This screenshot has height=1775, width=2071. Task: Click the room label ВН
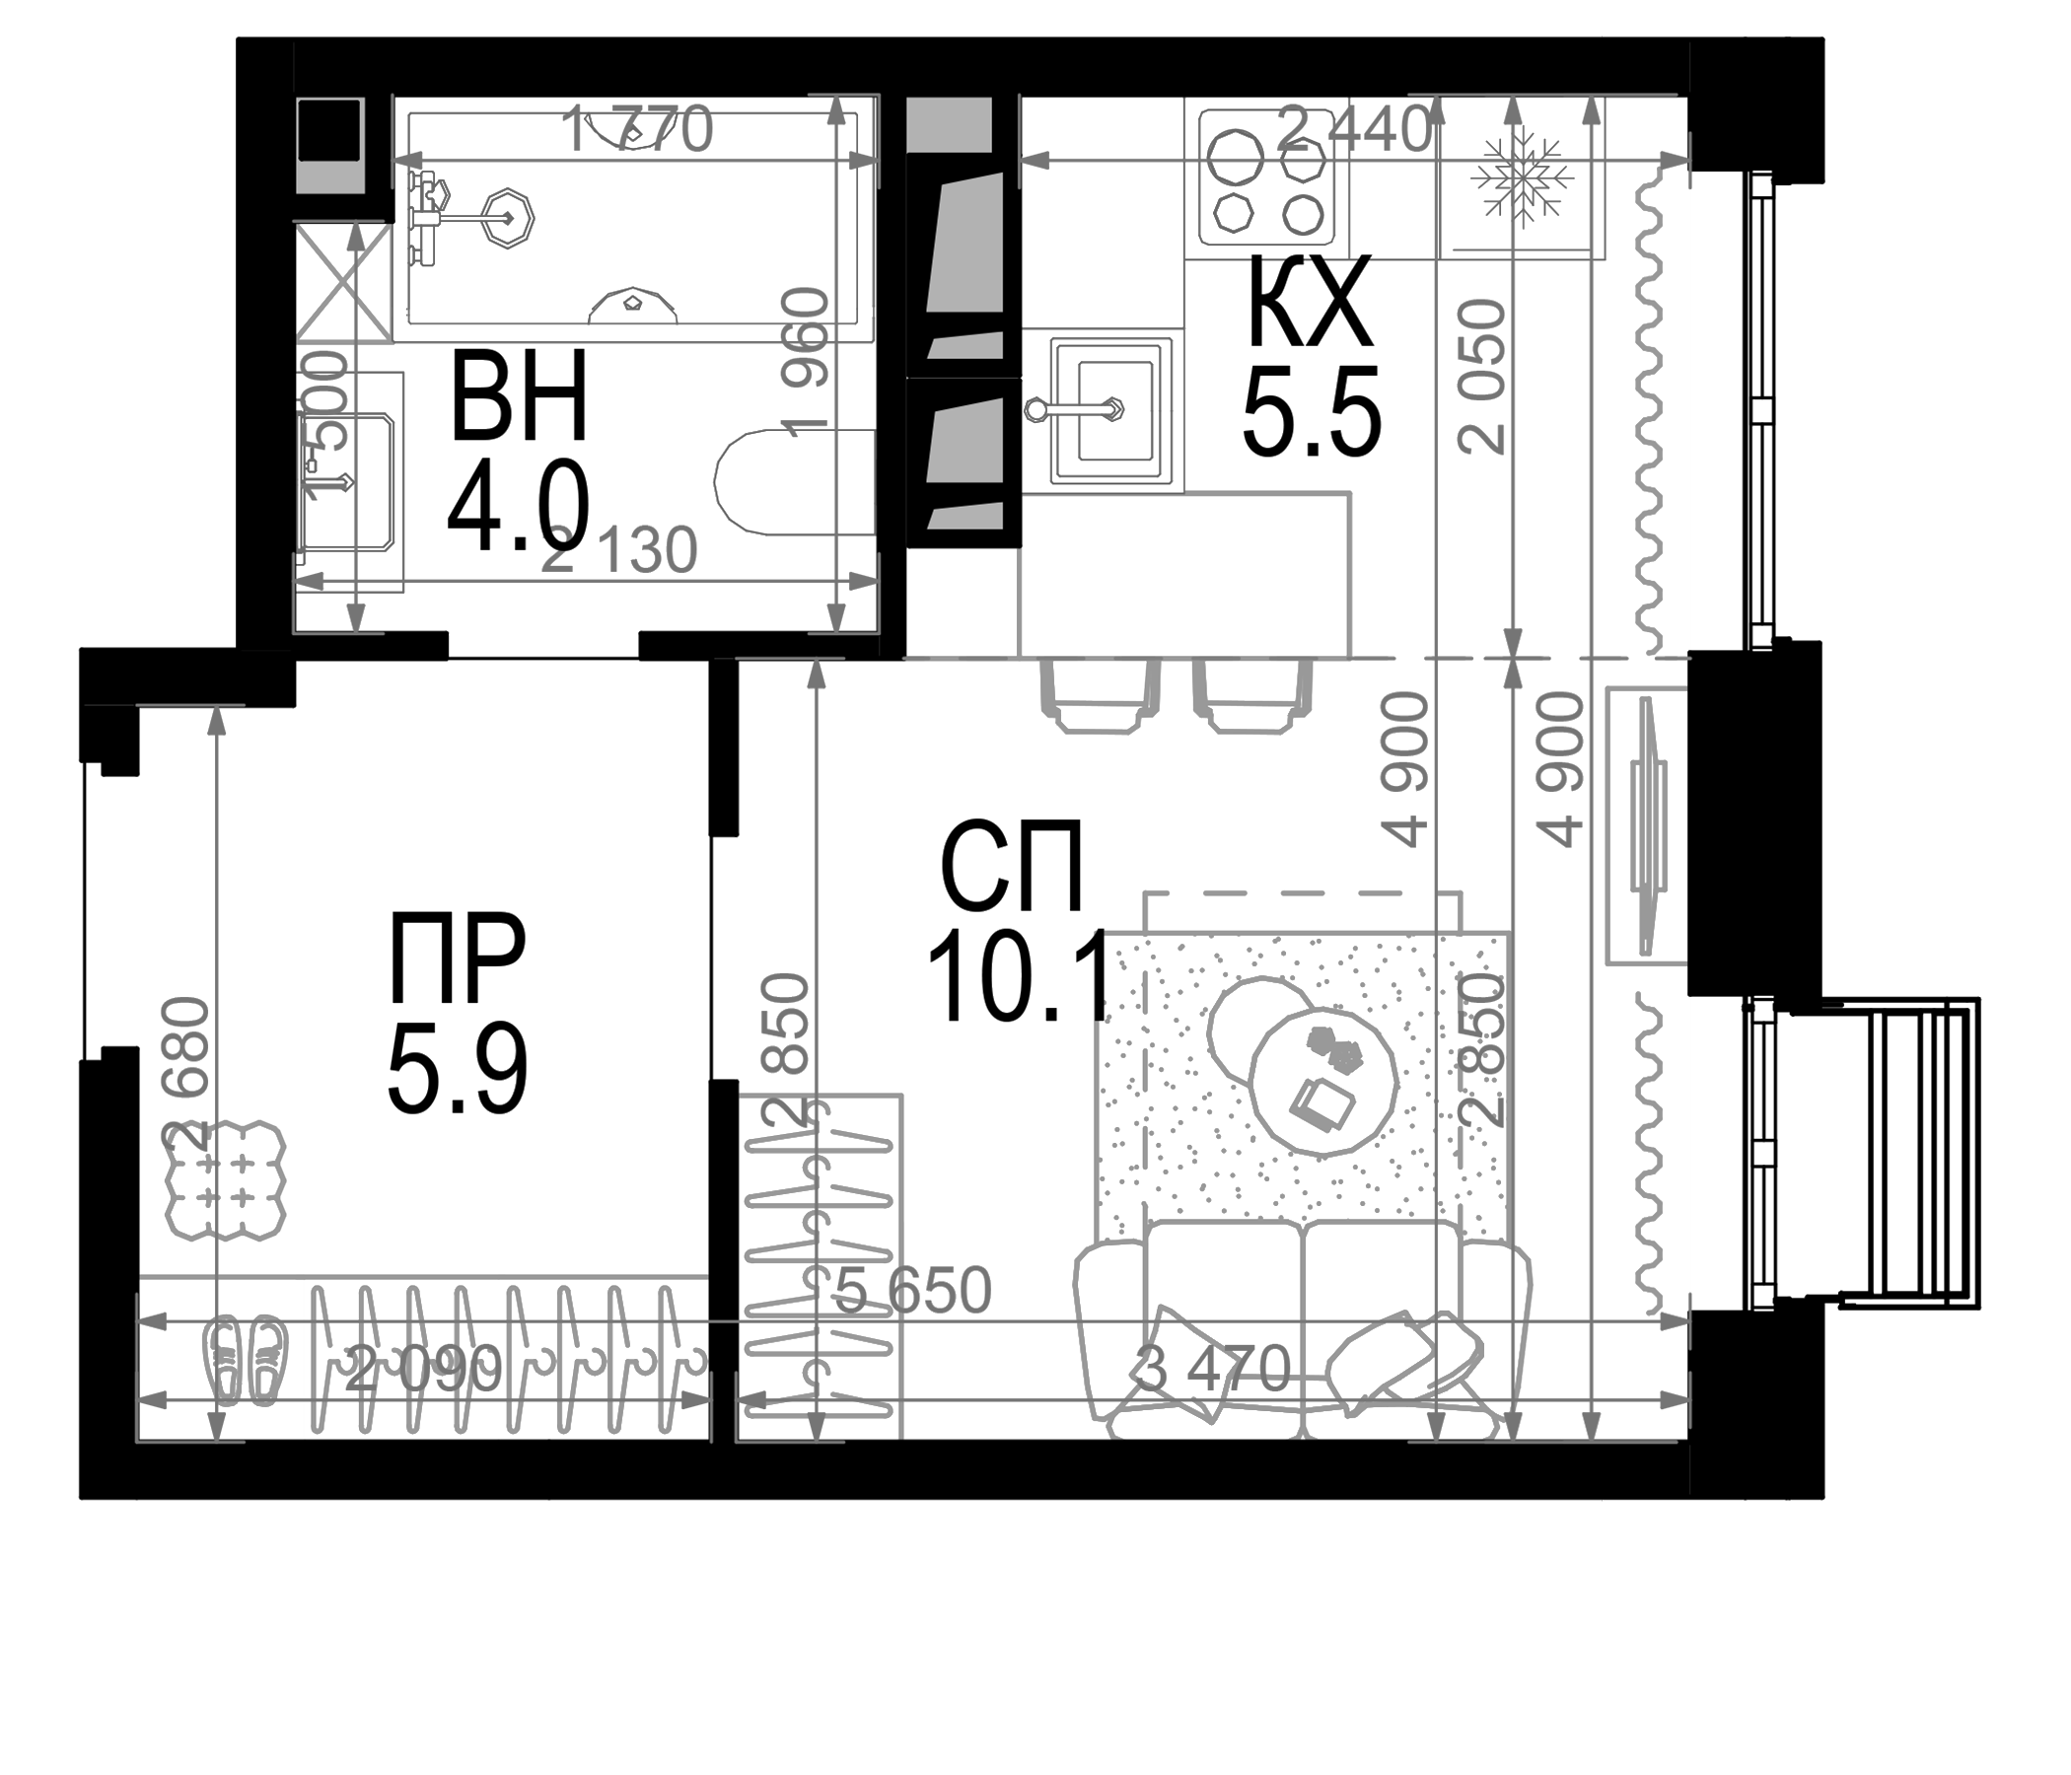(518, 397)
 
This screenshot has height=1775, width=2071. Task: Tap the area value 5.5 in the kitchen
(1311, 411)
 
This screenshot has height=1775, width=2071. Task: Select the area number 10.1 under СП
(1019, 976)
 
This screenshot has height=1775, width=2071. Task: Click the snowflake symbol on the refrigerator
(1522, 178)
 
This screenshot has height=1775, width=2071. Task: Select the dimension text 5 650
(911, 1290)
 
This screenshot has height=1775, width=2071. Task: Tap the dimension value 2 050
(1482, 377)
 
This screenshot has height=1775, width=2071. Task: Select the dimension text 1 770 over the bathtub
(638, 130)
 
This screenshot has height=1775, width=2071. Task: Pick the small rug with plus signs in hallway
(224, 1180)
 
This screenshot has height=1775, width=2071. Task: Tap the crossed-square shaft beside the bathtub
(344, 282)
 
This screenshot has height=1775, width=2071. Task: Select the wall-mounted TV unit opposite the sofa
(1646, 825)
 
